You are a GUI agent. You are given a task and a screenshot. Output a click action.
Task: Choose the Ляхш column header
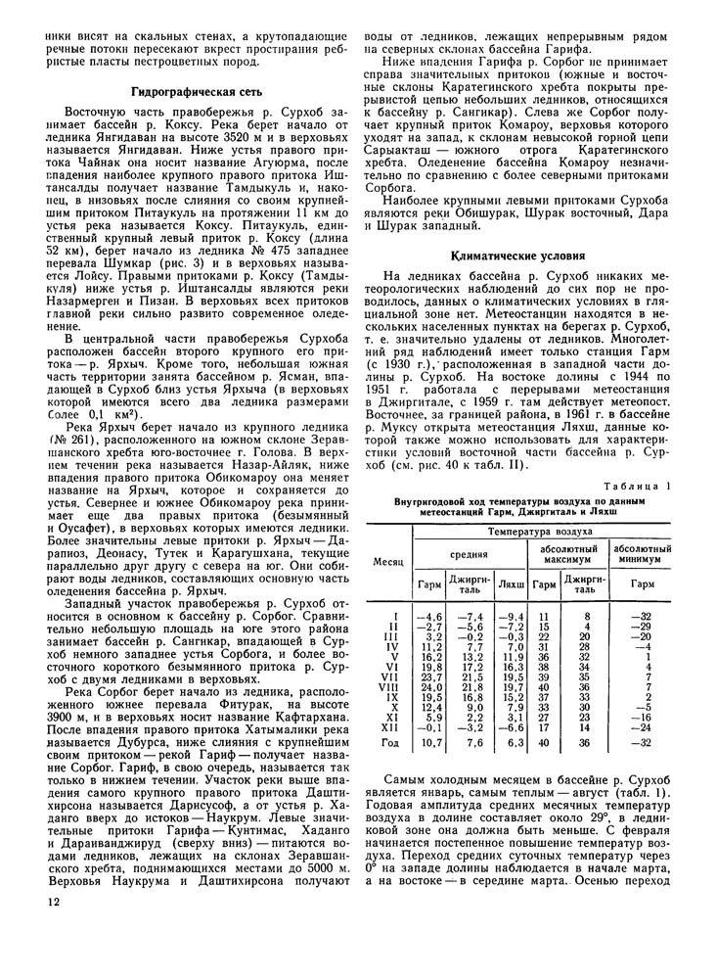point(510,584)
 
